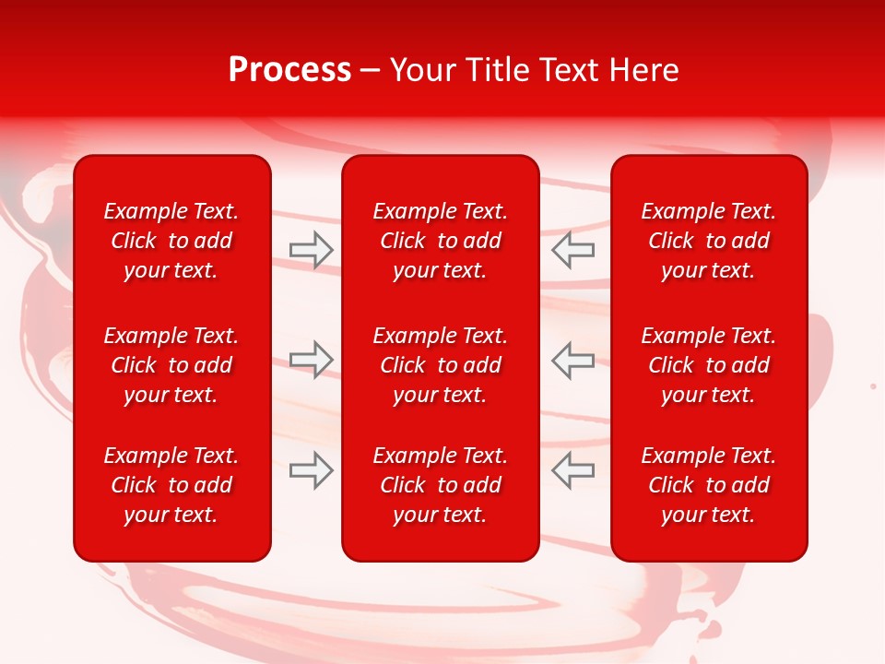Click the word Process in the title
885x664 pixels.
pyautogui.click(x=289, y=70)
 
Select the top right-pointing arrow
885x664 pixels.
pyautogui.click(x=312, y=250)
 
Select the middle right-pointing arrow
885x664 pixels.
pyautogui.click(x=312, y=360)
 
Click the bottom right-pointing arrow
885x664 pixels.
pyautogui.click(x=312, y=469)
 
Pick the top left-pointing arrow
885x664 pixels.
pyautogui.click(x=573, y=250)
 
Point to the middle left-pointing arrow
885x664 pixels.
pyautogui.click(x=573, y=360)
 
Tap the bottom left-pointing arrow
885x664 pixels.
pyautogui.click(x=573, y=469)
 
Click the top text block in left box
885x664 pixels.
pyautogui.click(x=171, y=241)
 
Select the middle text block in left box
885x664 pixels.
pyautogui.click(x=171, y=365)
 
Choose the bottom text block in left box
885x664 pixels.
pyautogui.click(x=171, y=485)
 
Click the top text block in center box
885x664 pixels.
pyautogui.click(x=441, y=241)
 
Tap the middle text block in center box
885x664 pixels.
pyautogui.click(x=441, y=365)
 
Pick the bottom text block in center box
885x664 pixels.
pyautogui.click(x=441, y=485)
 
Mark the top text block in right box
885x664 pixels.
pyautogui.click(x=709, y=241)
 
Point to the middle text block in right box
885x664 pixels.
pyautogui.click(x=709, y=365)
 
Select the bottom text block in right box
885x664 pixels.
pyautogui.click(x=709, y=485)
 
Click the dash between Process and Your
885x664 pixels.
pyautogui.click(x=371, y=71)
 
